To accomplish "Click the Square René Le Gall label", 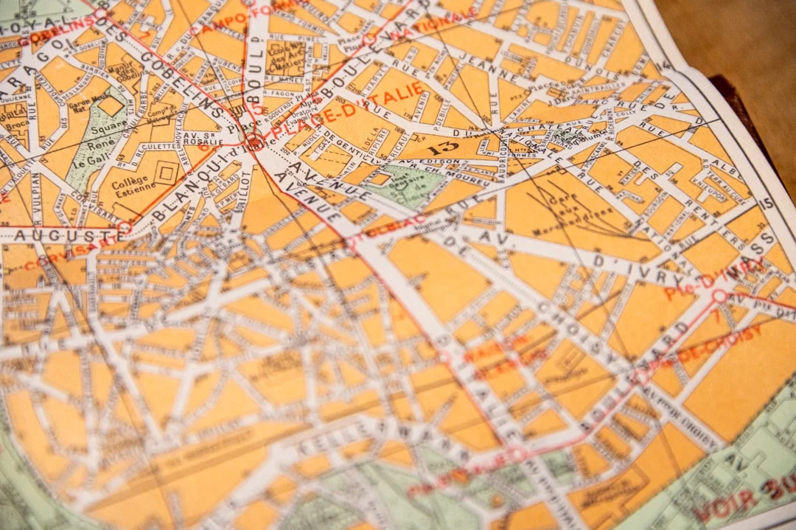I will (x=88, y=144).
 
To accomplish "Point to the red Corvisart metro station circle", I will (x=125, y=226).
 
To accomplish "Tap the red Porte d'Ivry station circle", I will (x=719, y=296).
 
